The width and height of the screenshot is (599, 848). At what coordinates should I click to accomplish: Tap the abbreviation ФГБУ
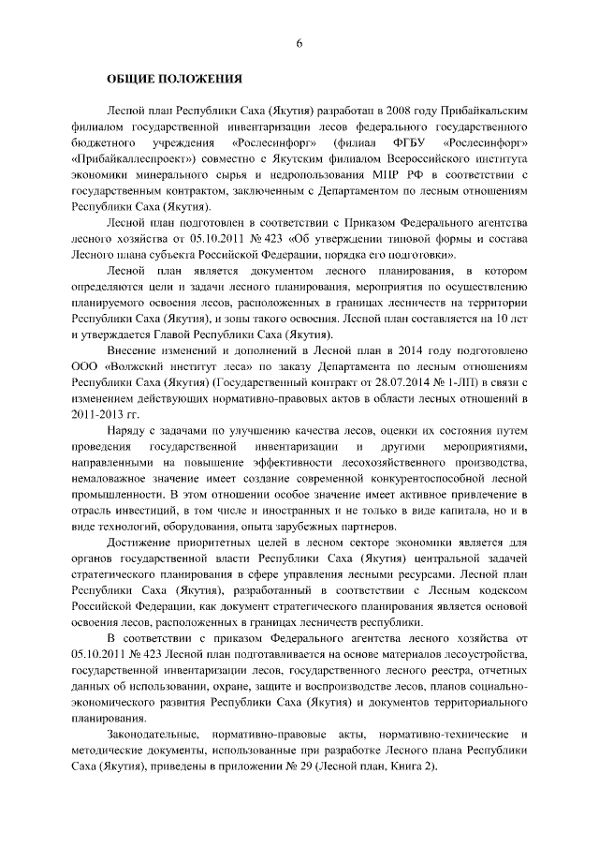point(409,142)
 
